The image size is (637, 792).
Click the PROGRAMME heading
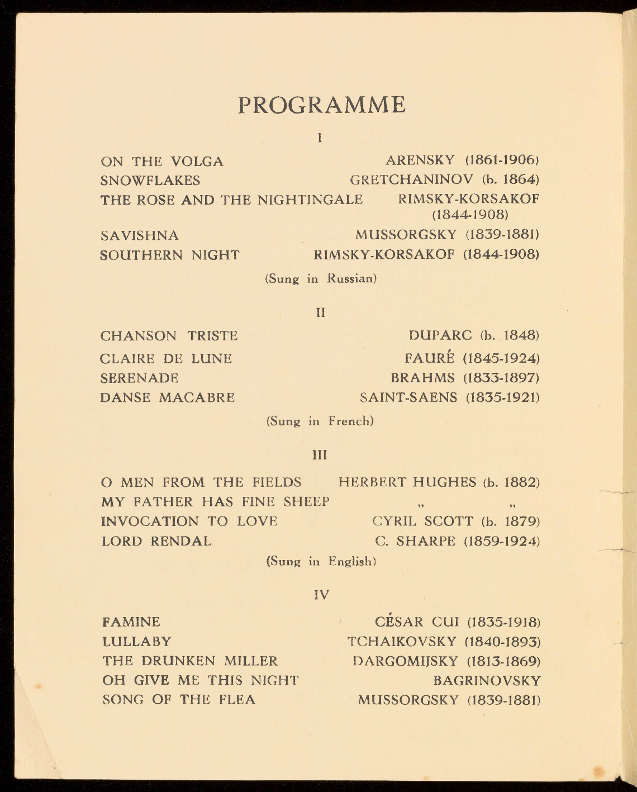322,105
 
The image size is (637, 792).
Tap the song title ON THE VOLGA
162,162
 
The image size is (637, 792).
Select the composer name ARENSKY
420,160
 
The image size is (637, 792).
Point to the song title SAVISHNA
140,236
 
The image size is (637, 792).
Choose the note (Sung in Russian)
320,278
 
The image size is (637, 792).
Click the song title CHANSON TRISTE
169,336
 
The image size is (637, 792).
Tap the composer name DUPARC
440,335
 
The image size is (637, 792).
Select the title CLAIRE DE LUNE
166,358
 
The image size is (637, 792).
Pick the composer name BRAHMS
423,378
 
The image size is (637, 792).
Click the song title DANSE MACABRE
168,398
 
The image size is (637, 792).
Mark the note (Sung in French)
320,421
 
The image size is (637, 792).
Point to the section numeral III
320,455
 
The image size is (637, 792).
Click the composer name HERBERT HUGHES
407,482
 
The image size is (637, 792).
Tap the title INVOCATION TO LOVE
189,521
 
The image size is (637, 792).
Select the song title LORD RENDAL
156,541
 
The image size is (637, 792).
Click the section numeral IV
321,595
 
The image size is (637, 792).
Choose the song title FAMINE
131,622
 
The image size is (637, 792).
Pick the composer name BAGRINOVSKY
487,681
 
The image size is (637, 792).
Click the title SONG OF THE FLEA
179,700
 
